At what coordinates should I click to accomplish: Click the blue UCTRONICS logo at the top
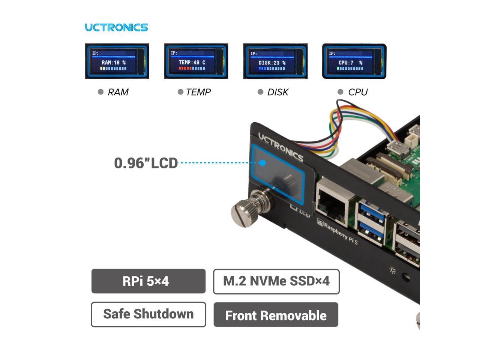(116, 27)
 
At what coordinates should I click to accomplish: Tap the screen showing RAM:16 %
(117, 61)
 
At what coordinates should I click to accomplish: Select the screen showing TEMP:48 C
(196, 61)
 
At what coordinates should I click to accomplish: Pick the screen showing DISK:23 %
(275, 61)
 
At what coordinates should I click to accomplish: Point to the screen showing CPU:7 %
(354, 61)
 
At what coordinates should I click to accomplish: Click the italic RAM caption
(118, 92)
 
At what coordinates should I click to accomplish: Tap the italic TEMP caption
(198, 92)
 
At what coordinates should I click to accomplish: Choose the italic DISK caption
(277, 92)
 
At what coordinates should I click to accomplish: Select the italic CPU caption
(357, 92)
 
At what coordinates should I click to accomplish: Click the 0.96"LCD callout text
(146, 163)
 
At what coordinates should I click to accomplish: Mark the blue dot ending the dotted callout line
(263, 163)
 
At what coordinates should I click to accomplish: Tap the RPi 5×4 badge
(148, 281)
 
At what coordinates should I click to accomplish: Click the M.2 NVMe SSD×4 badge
(276, 281)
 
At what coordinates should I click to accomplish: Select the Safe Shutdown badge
(148, 314)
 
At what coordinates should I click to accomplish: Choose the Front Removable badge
(276, 315)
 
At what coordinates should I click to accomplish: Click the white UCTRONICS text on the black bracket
(280, 147)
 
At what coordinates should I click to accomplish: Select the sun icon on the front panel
(393, 270)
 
